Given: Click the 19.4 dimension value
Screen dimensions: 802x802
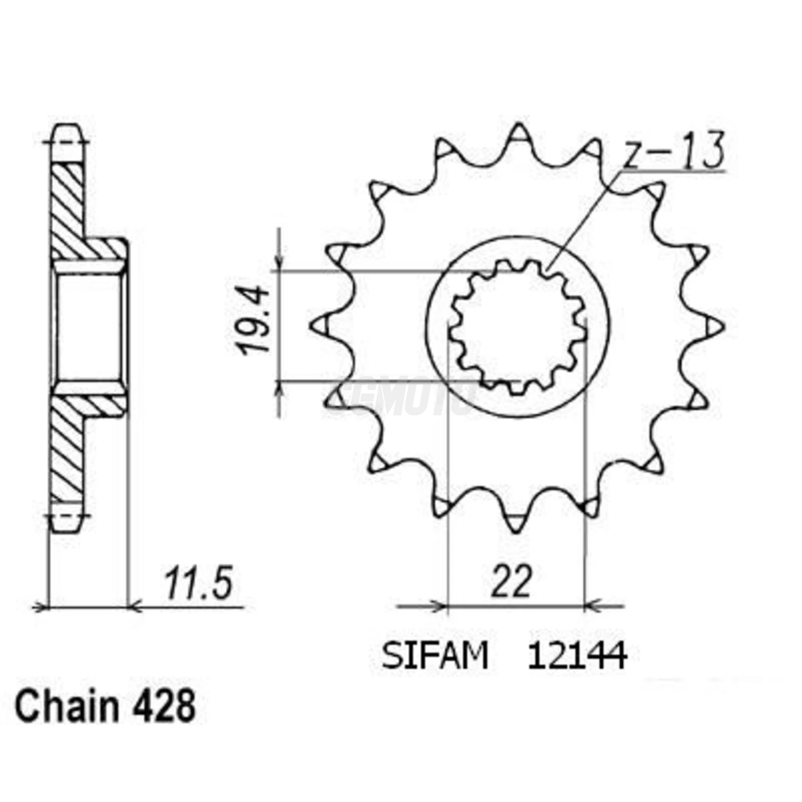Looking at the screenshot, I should (254, 320).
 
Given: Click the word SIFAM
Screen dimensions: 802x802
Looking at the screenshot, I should (435, 656).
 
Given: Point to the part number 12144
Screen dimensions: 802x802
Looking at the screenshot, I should (577, 656).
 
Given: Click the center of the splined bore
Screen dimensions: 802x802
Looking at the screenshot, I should (517, 327).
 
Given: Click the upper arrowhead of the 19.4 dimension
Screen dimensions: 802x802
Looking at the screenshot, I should (279, 264).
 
